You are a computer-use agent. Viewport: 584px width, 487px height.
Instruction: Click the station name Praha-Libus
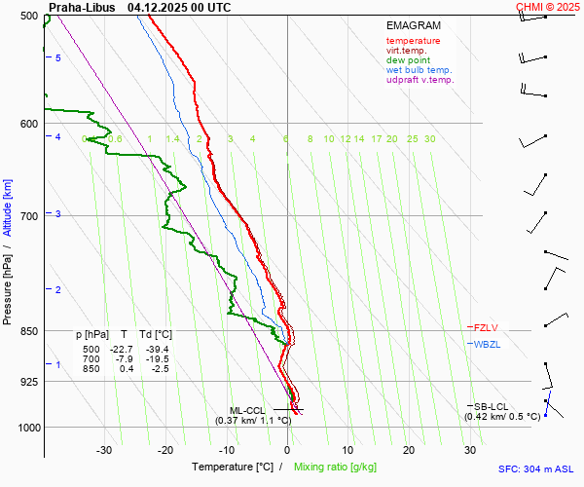pyautogui.click(x=81, y=7)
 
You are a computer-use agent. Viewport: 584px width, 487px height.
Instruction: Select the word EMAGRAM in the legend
pyautogui.click(x=413, y=25)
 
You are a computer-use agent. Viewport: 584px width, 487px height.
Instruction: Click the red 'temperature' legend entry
pyautogui.click(x=413, y=41)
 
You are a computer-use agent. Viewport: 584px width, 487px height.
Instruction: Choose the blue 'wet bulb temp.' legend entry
pyautogui.click(x=419, y=70)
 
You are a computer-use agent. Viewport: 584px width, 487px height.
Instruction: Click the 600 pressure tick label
pyautogui.click(x=27, y=124)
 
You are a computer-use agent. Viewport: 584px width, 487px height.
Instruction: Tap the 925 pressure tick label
pyautogui.click(x=27, y=382)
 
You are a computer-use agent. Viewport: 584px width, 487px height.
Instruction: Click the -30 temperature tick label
pyautogui.click(x=104, y=450)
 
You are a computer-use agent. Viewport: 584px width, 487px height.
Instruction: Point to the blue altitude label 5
pyautogui.click(x=58, y=58)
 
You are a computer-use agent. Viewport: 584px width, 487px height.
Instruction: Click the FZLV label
pyautogui.click(x=485, y=328)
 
